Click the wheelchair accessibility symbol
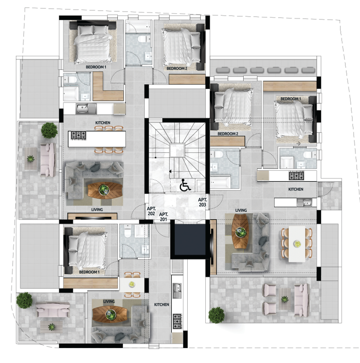pyautogui.click(x=185, y=185)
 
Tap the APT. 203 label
pyautogui.click(x=202, y=202)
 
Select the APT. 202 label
pyautogui.click(x=151, y=211)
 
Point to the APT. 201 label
pyautogui.click(x=163, y=217)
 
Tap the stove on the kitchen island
pyautogui.click(x=78, y=135)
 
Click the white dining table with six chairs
pyautogui.click(x=297, y=244)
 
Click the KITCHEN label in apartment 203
pyautogui.click(x=296, y=189)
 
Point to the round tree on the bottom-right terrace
pyautogui.click(x=217, y=315)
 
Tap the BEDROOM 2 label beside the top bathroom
pyautogui.click(x=177, y=68)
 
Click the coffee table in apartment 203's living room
pyautogui.click(x=240, y=232)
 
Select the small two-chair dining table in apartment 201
pyautogui.click(x=132, y=285)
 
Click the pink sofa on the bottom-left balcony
pyautogui.click(x=52, y=309)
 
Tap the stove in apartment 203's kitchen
pyautogui.click(x=296, y=176)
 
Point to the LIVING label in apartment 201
pyautogui.click(x=109, y=302)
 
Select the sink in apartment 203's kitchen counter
pyautogui.click(x=304, y=202)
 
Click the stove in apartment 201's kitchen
pyautogui.click(x=177, y=322)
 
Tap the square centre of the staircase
pyautogui.click(x=177, y=150)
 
